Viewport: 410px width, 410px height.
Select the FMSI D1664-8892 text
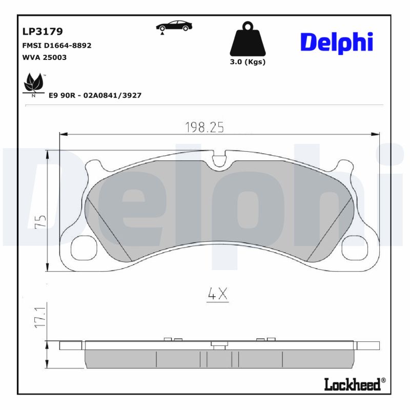click(57, 45)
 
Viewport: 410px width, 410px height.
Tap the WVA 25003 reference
click(45, 57)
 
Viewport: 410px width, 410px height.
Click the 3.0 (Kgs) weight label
click(248, 62)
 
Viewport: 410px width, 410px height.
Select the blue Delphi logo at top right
click(336, 43)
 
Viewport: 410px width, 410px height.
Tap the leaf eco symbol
click(34, 84)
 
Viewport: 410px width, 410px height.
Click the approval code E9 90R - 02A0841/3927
click(95, 95)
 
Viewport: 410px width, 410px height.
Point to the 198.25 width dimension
click(205, 128)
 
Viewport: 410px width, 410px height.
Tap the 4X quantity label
click(217, 294)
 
